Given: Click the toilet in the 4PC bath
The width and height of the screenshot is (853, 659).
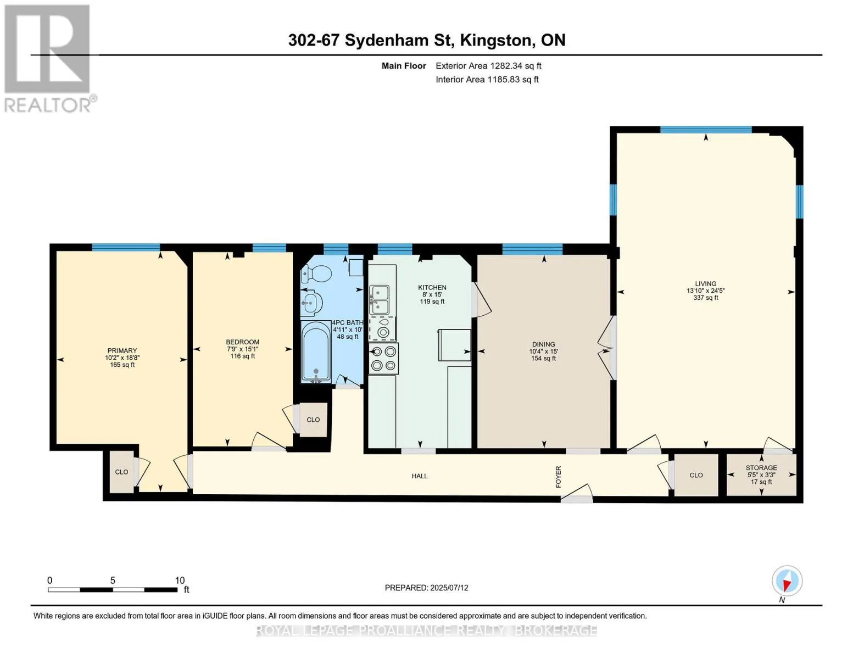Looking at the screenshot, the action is click(316, 273).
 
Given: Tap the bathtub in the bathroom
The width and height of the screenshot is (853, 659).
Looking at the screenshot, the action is click(316, 351).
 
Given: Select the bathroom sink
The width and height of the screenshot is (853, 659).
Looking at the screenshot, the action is click(311, 303).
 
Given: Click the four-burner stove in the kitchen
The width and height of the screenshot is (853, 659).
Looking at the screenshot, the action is click(383, 359).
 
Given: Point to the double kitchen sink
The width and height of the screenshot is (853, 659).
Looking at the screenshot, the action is click(379, 299).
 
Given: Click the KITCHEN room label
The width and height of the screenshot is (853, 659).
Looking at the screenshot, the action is click(432, 288).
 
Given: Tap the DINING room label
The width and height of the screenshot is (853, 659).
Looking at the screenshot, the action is click(544, 345).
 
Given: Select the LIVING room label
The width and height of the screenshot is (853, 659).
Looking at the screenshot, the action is click(705, 284).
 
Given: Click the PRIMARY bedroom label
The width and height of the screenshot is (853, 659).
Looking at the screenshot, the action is click(122, 350).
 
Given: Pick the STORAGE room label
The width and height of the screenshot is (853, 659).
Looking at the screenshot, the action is click(761, 468).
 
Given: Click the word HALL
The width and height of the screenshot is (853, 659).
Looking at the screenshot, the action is click(419, 476).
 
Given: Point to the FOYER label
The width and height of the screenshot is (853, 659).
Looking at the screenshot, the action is click(558, 477).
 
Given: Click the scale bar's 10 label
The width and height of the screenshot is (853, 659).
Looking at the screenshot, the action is click(180, 580).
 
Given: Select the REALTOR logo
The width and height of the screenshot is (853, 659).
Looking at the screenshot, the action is click(49, 59).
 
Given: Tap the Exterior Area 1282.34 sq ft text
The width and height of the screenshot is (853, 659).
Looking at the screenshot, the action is click(488, 66).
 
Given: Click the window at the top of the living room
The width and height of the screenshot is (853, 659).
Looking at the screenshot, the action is click(706, 130).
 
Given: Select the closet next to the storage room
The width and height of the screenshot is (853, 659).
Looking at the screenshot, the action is click(696, 476).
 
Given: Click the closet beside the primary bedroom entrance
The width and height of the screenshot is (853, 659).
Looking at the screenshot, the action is click(121, 472).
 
